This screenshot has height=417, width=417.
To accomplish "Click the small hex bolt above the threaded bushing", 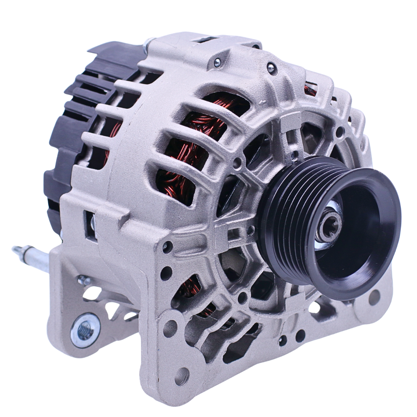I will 84,280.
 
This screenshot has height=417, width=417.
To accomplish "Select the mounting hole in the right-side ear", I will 374,297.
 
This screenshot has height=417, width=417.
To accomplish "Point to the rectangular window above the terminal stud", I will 90,225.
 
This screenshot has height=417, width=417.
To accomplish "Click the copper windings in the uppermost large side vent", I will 212,118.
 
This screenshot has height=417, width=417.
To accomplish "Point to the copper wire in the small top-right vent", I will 310,89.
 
